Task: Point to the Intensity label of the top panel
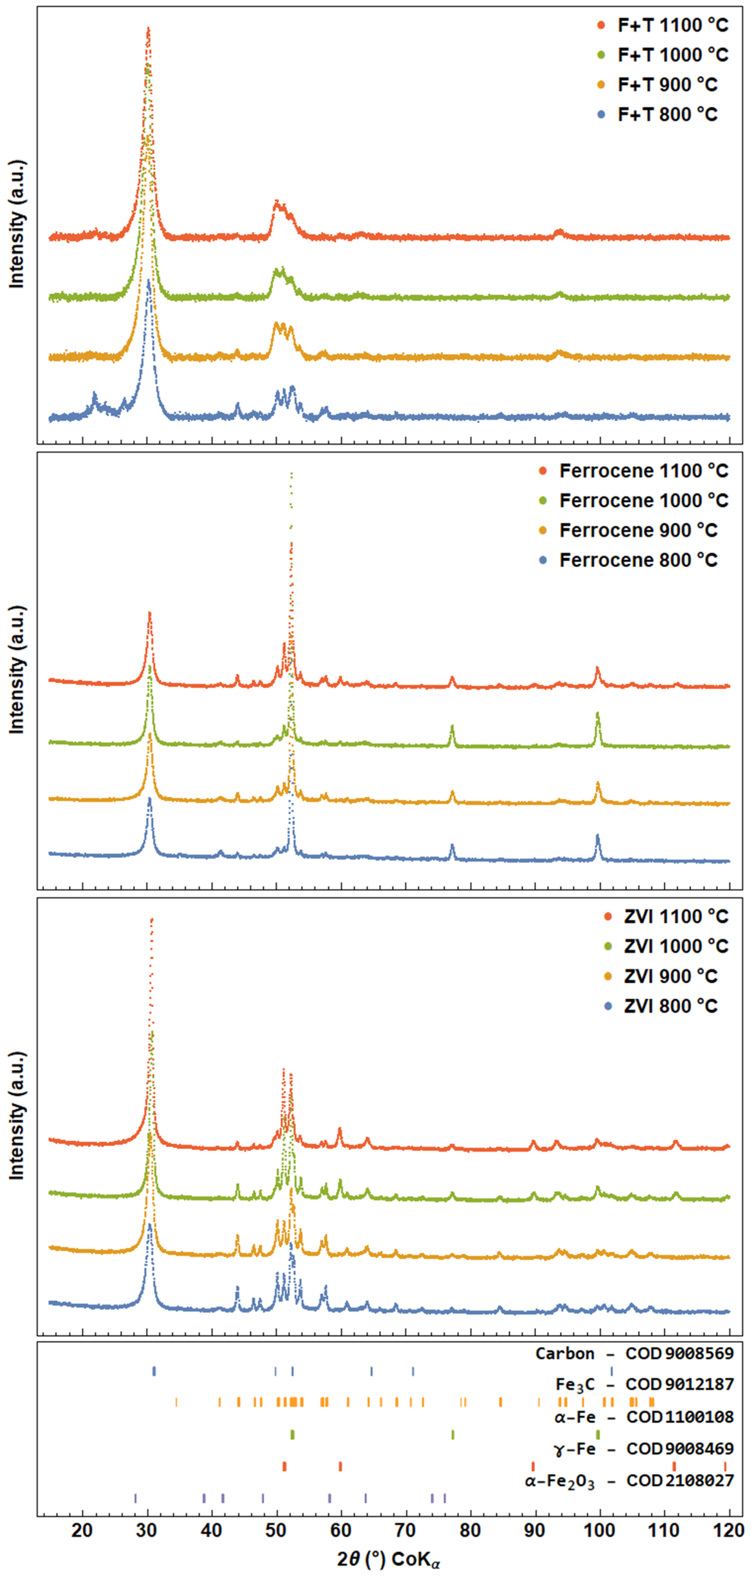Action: pos(17,224)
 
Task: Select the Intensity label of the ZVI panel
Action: pos(17,1115)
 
